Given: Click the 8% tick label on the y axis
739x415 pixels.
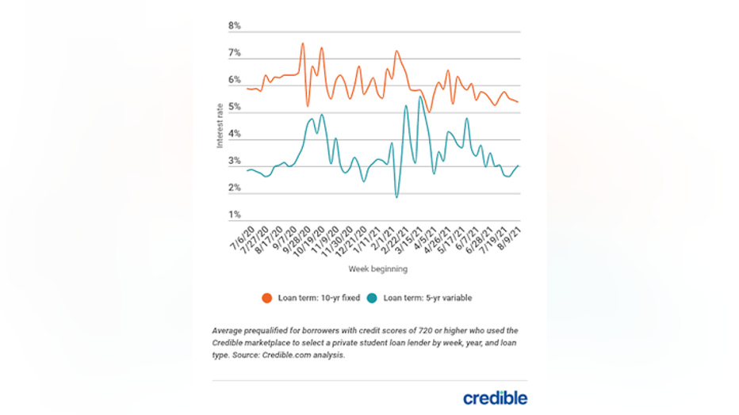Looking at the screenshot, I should coord(235,26).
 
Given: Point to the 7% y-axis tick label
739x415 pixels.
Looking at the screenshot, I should coord(235,53).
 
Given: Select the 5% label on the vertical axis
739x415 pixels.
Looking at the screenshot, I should coord(235,107).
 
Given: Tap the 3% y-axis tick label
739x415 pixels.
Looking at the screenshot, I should coord(235,162).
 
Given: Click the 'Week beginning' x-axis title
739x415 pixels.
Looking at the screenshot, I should coord(377,269).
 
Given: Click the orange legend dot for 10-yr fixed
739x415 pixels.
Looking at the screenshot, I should coord(267,298).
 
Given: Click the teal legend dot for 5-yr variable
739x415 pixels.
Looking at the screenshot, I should coord(373,298).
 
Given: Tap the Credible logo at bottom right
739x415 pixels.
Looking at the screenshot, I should coord(495,398).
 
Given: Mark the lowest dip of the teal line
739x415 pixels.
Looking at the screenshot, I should coord(396,196).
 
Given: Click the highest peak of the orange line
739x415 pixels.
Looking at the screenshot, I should coord(303,44).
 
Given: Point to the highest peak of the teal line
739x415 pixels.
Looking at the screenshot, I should coord(419,97).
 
